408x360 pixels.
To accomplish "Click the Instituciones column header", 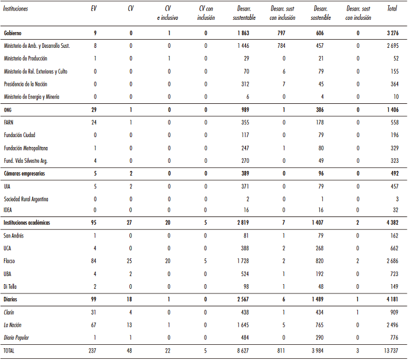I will [15, 9].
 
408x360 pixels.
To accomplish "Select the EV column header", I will [94, 9].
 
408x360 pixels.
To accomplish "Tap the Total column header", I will [393, 9].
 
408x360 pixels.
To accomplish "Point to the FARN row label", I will [9, 122].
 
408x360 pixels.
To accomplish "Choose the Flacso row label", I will [10, 261].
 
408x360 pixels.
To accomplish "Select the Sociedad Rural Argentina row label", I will [26, 199].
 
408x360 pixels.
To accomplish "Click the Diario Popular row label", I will [19, 337].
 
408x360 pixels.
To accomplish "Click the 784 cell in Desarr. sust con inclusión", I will [282, 46].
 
